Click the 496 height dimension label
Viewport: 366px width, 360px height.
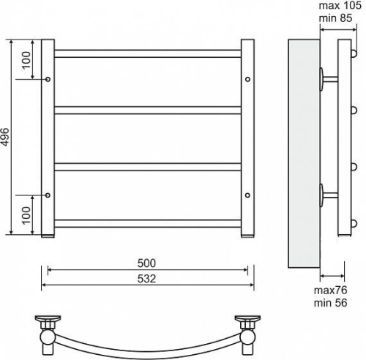(5, 137)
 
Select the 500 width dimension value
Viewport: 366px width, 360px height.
(146, 263)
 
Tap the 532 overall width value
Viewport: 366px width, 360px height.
(146, 278)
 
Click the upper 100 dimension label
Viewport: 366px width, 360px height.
(26, 60)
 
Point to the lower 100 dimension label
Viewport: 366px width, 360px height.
(26, 215)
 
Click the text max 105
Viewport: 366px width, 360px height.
(340, 5)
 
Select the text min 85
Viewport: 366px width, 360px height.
(335, 18)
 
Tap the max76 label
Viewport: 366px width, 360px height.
(330, 290)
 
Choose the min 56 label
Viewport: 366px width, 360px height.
(330, 303)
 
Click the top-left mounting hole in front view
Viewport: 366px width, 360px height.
(48, 79)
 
